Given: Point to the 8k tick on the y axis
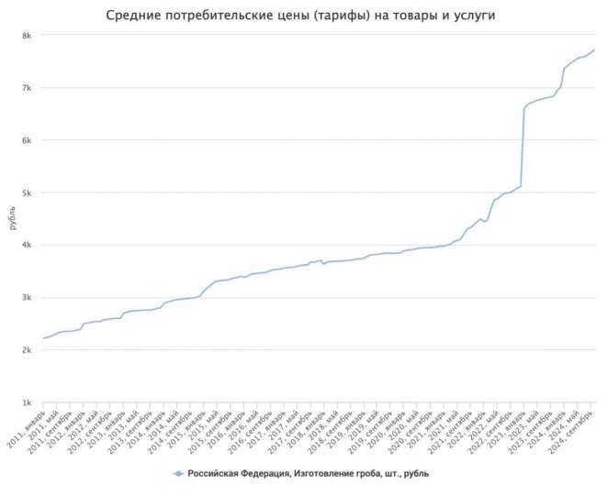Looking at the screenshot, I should point(28,36).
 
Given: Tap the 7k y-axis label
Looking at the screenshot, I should point(28,88).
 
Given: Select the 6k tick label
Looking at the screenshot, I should point(28,140).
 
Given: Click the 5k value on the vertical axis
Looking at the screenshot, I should point(28,193).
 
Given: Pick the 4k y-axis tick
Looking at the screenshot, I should point(28,246).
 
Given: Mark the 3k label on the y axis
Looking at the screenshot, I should point(28,298).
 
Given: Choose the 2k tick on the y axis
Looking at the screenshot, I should point(28,350).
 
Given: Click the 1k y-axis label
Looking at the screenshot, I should point(28,402).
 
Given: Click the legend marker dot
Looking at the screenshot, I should point(179,474).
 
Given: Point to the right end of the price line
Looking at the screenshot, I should point(593,50).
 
